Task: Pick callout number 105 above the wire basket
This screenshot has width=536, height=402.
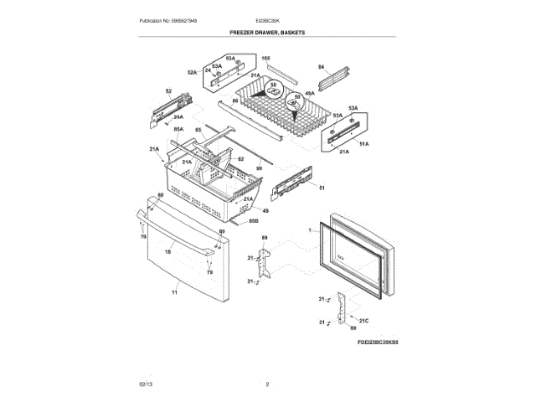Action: [266, 58]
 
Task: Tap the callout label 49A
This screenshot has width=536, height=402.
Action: [309, 94]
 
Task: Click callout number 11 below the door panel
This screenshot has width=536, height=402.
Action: [175, 292]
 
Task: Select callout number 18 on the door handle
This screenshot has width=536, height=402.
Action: [167, 251]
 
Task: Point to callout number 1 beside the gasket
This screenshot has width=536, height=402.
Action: [308, 228]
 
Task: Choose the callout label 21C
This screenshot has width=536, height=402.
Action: [363, 321]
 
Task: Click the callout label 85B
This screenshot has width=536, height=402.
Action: [253, 221]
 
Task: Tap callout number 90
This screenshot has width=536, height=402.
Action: [259, 168]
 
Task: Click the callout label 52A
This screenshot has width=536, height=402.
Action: [192, 73]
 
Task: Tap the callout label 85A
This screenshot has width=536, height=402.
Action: [178, 130]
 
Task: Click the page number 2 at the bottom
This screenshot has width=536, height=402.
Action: [267, 384]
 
